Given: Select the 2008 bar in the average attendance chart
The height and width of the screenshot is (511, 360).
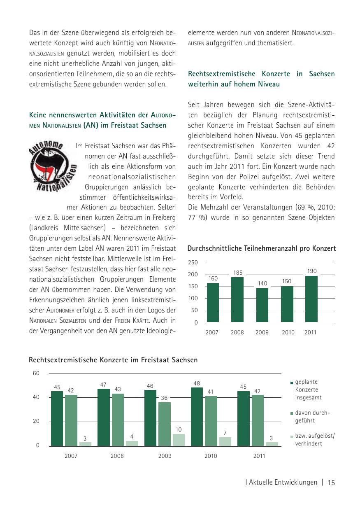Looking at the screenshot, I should click(x=237, y=299).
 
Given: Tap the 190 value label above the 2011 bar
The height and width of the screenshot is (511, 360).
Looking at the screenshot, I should click(x=311, y=271).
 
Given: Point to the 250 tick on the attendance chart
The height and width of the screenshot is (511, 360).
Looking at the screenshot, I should click(x=193, y=262).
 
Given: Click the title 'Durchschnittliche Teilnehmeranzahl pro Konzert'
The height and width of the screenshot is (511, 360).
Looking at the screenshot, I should click(x=261, y=248).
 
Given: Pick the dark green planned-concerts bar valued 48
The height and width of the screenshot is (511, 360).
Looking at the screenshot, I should click(x=197, y=417).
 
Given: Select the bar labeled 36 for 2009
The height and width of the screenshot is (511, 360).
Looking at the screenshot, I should click(x=165, y=424).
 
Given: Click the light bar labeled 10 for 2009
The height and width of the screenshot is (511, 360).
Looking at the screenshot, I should click(x=179, y=440).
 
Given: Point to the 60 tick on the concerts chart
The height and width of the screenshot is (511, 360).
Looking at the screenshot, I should click(x=36, y=373).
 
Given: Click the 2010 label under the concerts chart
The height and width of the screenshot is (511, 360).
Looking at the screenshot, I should click(x=211, y=456).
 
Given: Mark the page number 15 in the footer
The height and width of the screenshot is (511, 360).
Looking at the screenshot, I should click(x=332, y=483).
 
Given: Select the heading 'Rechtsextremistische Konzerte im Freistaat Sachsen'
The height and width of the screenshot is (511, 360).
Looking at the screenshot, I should click(x=113, y=360).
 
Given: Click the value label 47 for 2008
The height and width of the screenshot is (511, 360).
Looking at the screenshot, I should click(x=103, y=384).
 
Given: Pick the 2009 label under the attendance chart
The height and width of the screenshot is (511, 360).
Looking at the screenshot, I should click(x=262, y=332).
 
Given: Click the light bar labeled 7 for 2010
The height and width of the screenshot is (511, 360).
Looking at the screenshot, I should click(x=225, y=441).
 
